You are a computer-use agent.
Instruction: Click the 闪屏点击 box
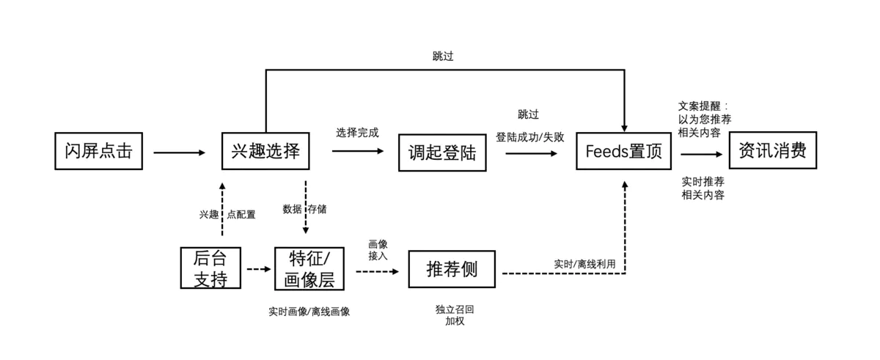pyautogui.click(x=98, y=151)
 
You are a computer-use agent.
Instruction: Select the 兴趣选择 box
pyautogui.click(x=265, y=151)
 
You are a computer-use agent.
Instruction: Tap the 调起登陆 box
pyautogui.click(x=442, y=152)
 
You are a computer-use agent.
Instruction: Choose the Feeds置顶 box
pyautogui.click(x=624, y=151)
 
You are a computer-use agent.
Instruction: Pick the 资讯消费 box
pyautogui.click(x=772, y=150)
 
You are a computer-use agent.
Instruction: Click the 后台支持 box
pyautogui.click(x=210, y=268)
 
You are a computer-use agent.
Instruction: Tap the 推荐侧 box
pyautogui.click(x=452, y=269)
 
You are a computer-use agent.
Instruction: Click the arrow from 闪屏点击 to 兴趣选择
pyautogui.click(x=180, y=153)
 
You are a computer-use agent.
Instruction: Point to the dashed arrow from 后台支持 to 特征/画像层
pyautogui.click(x=258, y=269)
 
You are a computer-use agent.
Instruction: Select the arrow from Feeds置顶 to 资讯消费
pyautogui.click(x=701, y=154)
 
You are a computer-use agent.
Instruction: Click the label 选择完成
pyautogui.click(x=357, y=133)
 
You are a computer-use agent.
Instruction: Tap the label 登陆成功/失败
pyautogui.click(x=529, y=137)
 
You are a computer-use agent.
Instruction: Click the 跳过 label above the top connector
pyautogui.click(x=443, y=56)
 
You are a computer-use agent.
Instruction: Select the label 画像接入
pyautogui.click(x=378, y=249)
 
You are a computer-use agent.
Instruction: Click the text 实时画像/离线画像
pyautogui.click(x=309, y=312)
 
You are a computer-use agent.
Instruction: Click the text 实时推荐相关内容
pyautogui.click(x=703, y=188)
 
